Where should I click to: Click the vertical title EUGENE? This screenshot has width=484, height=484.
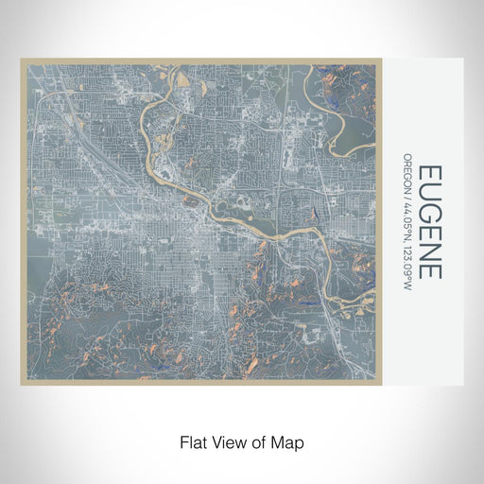(430, 222)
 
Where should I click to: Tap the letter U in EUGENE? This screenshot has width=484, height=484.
(430, 194)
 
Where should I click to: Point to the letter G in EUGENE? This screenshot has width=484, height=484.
(430, 214)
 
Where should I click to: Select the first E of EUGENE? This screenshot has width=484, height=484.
(430, 175)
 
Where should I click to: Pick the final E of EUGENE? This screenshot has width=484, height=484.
(430, 270)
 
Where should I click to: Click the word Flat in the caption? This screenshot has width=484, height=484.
(193, 441)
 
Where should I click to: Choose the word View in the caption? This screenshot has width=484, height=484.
(233, 441)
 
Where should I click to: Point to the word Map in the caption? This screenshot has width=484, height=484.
(290, 441)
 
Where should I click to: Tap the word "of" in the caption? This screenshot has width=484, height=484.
(264, 441)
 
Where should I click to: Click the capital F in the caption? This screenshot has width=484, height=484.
(183, 441)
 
